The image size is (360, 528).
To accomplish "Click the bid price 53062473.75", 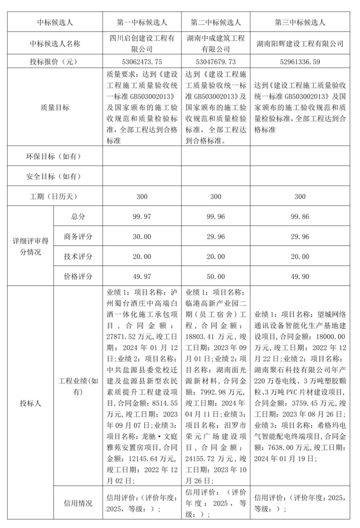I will point(142,62).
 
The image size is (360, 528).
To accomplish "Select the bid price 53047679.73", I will point(216,62).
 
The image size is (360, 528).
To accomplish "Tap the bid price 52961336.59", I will point(300,62).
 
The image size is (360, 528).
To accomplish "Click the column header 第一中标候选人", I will point(142,22).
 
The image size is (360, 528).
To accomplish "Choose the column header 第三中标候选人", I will point(300,22).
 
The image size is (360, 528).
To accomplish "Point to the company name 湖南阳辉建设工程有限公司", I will point(300,44).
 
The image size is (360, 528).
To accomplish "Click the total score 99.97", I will point(142,217).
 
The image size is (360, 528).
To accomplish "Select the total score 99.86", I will point(300,217).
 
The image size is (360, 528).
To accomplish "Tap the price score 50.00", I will point(216,276).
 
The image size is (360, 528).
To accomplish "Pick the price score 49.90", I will point(300,276).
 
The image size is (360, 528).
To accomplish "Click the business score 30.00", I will point(142,236).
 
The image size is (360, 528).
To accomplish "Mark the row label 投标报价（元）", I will point(55,62).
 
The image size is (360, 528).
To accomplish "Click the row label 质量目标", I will point(55,107).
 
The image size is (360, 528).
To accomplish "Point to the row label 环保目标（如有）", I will point(55,156).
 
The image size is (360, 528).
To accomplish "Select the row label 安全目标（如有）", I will point(55,176).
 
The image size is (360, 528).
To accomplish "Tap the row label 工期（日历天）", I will point(55,197).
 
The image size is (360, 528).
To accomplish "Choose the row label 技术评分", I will point(78,256).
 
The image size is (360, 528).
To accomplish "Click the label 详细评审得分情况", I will point(30,246).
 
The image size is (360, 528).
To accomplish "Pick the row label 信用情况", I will point(78,503).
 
